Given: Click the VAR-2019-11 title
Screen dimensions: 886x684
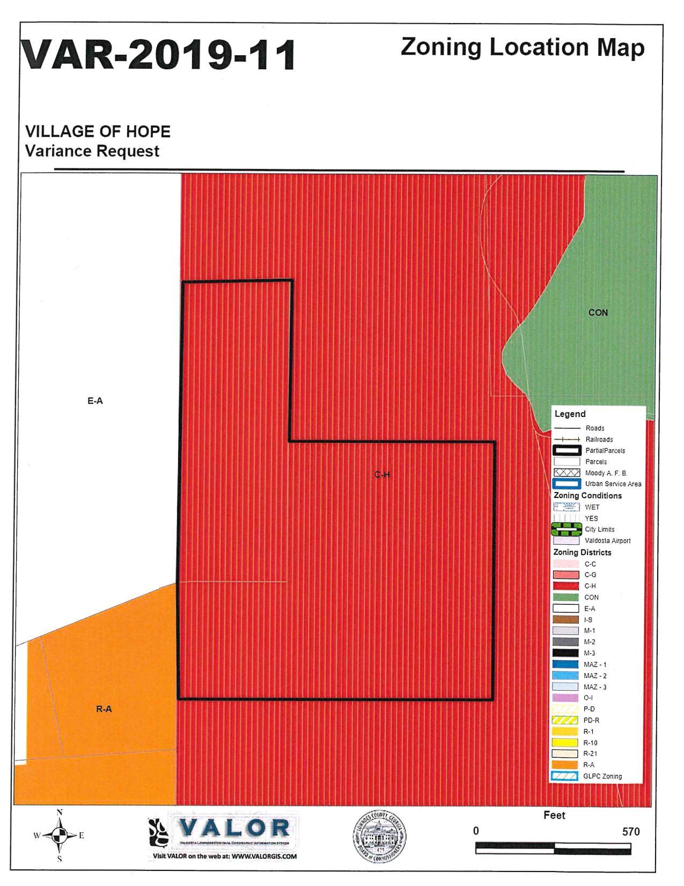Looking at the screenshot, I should (158, 55).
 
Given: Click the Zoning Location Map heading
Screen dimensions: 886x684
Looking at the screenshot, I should (522, 47).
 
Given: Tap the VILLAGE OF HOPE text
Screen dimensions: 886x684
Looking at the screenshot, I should (98, 131).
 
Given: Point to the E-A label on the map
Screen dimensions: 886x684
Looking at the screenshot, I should (95, 400).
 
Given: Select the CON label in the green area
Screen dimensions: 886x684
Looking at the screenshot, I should (598, 312).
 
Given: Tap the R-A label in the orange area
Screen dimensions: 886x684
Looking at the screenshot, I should (104, 709).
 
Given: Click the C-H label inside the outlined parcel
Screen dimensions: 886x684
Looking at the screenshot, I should (381, 474).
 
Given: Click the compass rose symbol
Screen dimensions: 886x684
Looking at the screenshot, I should (60, 835).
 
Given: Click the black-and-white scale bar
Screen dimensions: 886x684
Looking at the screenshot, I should (553, 848).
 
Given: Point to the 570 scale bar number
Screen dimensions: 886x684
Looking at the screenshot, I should (630, 832).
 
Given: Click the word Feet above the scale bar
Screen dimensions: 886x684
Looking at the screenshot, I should (554, 815).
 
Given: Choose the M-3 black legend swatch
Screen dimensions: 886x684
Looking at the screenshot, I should (565, 653).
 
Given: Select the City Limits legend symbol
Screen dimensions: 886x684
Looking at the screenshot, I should (567, 530).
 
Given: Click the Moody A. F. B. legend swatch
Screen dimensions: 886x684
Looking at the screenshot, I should (567, 473).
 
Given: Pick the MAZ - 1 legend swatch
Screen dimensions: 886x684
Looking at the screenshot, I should (565, 664).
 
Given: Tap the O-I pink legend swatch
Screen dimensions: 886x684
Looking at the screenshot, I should (565, 698).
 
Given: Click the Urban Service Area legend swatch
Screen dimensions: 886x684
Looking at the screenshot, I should (567, 484).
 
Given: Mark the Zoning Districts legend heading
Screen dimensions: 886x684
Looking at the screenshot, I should (582, 552).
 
